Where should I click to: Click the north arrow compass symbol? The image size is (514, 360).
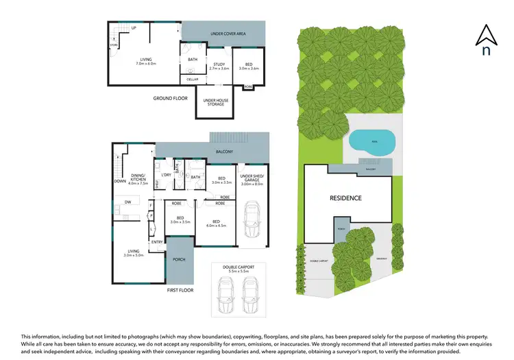pos(486,40)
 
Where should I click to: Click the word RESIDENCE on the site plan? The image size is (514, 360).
pos(345,198)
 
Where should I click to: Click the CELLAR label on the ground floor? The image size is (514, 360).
pos(193,80)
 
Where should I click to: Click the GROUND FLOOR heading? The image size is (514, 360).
pos(170,99)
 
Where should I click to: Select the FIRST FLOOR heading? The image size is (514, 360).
pos(180,290)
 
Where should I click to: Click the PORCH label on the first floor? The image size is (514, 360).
pos(180,259)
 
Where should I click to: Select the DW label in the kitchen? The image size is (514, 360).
pos(127,202)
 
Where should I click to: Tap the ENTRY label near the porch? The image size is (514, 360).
pos(157,241)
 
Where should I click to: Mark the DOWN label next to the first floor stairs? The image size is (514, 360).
pos(121,182)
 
